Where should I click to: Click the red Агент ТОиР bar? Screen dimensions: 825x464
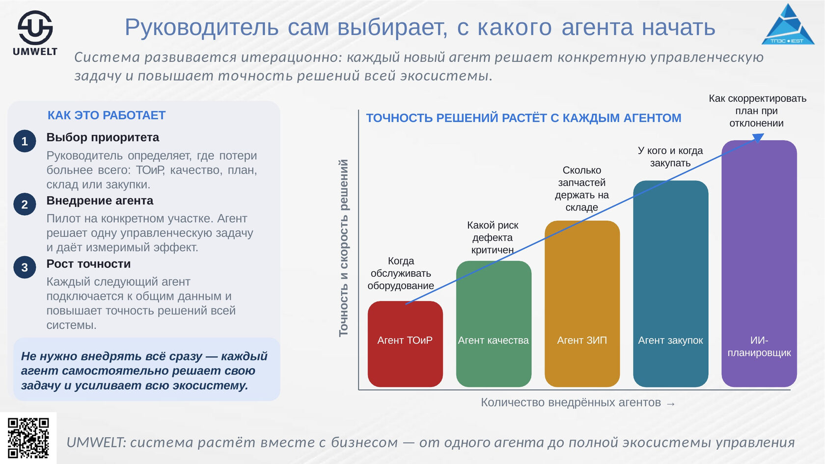click(x=405, y=344)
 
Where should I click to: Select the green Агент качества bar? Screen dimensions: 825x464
click(x=494, y=324)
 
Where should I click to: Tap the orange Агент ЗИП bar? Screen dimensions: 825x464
click(x=582, y=304)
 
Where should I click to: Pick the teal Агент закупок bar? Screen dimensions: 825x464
click(x=670, y=284)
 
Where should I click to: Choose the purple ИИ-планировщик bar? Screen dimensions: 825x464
click(x=759, y=263)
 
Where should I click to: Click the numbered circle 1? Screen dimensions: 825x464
click(x=25, y=141)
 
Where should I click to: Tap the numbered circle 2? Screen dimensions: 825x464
click(x=25, y=204)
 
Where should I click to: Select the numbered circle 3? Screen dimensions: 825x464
click(x=25, y=267)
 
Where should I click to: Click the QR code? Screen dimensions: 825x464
click(x=28, y=438)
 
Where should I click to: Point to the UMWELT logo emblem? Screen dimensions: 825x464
click(x=35, y=28)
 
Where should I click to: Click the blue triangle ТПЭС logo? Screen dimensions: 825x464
click(x=788, y=24)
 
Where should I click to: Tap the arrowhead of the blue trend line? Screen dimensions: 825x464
click(x=758, y=138)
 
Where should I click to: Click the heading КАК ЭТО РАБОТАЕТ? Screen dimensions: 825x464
click(x=107, y=116)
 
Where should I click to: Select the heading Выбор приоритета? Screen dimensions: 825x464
click(x=103, y=138)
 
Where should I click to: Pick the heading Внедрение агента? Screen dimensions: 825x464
click(x=100, y=201)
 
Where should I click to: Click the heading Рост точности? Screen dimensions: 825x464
click(x=88, y=264)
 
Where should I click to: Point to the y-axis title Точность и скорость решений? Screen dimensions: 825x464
click(x=343, y=248)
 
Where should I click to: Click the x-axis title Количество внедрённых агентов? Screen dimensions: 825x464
click(x=571, y=403)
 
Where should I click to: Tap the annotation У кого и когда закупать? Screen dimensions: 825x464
click(x=670, y=157)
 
